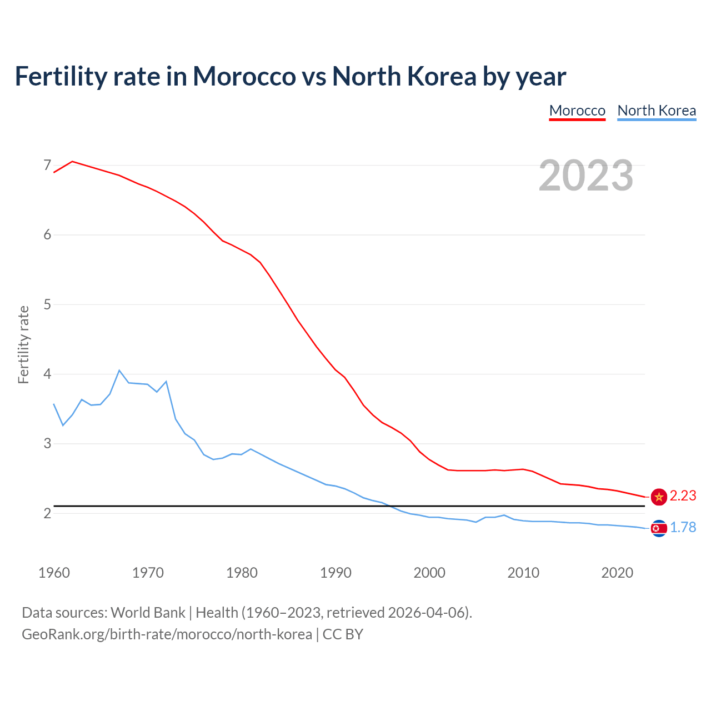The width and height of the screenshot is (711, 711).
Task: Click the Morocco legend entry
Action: coord(577,111)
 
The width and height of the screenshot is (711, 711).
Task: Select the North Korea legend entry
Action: coord(657,111)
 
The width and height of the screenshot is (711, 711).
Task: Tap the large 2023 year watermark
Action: coord(586,176)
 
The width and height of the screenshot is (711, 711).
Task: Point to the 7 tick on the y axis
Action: coord(47,165)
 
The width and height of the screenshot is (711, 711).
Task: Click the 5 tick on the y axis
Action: coord(47,304)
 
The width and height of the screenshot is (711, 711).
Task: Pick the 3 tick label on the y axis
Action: coord(47,444)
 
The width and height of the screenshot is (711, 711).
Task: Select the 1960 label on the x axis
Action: coord(54,573)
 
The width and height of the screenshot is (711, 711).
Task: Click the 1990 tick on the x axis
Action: coord(336,573)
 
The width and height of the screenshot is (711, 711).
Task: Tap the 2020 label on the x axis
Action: coord(617,573)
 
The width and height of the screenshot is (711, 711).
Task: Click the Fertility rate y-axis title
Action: coord(23,344)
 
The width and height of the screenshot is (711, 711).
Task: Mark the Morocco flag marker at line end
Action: coord(659,497)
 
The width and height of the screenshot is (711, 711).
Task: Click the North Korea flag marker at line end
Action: coord(659,528)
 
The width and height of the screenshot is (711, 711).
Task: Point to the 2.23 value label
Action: coord(683,495)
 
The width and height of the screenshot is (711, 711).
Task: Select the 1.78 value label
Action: coord(683,527)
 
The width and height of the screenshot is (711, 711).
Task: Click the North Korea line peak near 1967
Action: coord(119,370)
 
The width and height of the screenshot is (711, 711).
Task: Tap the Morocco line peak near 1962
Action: coord(72,162)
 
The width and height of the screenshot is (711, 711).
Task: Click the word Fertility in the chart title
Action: coord(59,76)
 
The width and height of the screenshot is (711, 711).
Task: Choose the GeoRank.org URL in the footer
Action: coord(167,634)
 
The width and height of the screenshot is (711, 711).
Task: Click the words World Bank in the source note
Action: coord(148,613)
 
